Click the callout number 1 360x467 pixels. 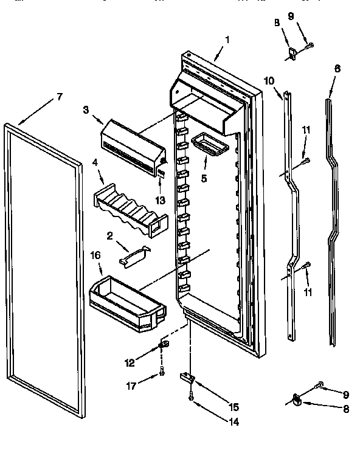[227, 40]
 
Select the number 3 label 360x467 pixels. [86, 109]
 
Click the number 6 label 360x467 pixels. [337, 69]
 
